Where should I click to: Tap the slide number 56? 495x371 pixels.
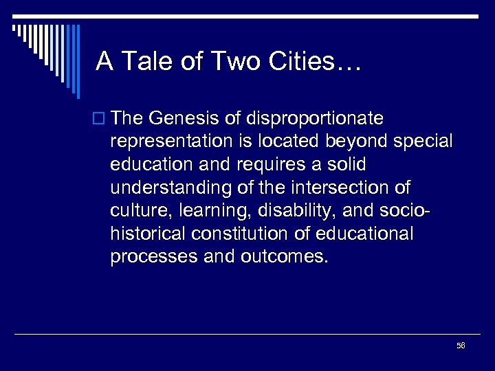click(461, 346)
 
